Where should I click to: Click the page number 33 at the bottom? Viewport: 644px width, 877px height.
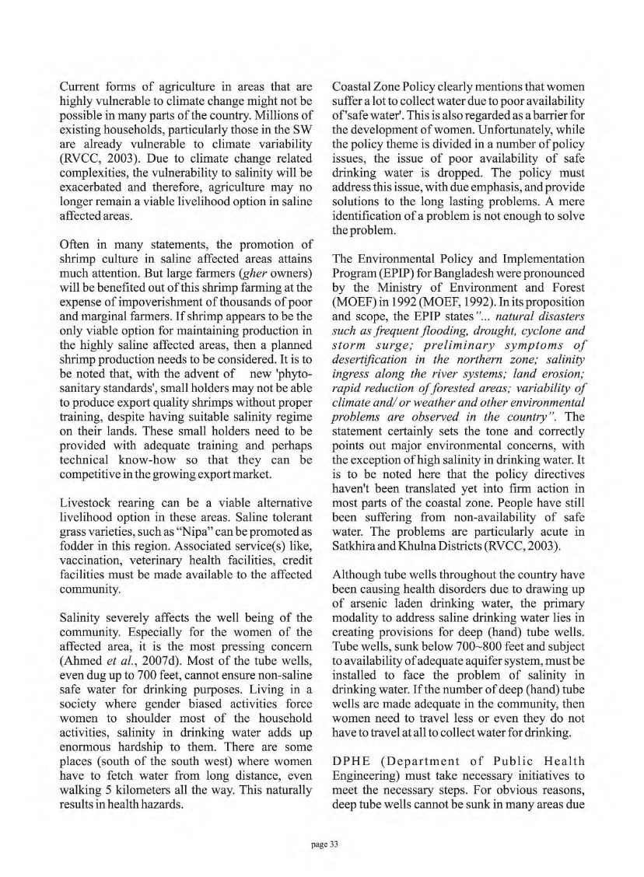322,841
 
